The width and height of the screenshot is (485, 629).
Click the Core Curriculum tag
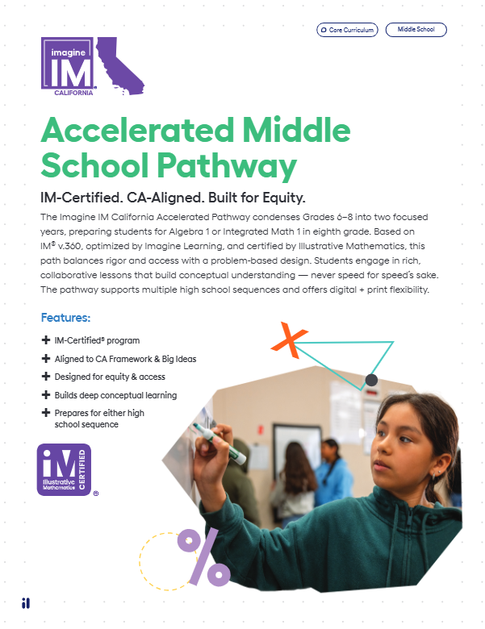click(x=348, y=30)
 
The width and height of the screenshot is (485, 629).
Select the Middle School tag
click(x=416, y=30)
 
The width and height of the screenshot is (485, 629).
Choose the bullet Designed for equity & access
click(x=109, y=377)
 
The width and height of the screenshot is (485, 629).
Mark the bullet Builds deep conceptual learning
click(x=115, y=395)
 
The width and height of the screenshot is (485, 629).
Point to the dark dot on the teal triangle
click(x=371, y=379)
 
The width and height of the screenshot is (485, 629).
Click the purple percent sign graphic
click(x=203, y=556)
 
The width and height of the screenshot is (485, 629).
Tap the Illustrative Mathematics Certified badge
click(x=64, y=469)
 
